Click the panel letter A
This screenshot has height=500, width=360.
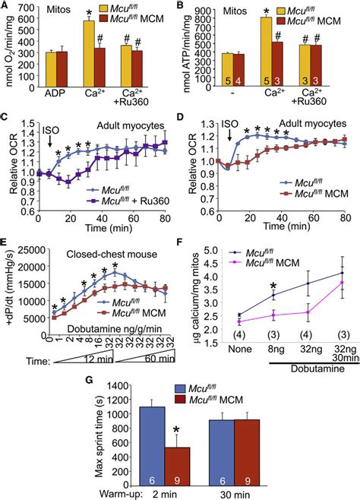(x=7, y=7)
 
